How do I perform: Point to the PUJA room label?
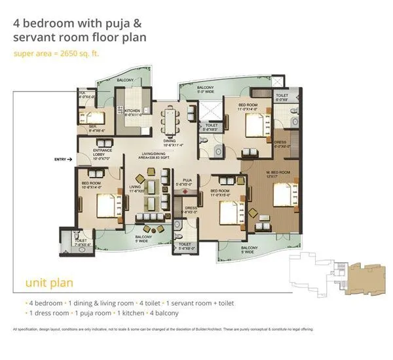tap(187, 182)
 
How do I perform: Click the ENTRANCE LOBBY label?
tap(86, 154)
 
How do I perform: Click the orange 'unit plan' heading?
tap(48, 283)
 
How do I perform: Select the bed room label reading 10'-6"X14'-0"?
tap(90, 185)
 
